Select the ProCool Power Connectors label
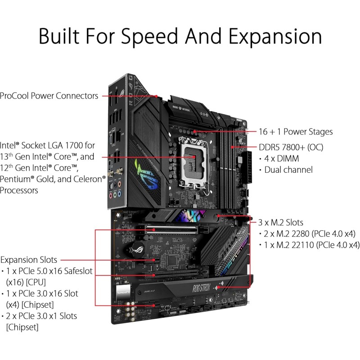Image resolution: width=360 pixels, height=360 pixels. click(x=49, y=95)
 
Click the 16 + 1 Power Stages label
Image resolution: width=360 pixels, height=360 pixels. click(x=295, y=132)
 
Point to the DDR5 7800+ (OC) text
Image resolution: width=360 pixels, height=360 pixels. click(x=291, y=147)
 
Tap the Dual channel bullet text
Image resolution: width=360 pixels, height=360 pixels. click(x=288, y=170)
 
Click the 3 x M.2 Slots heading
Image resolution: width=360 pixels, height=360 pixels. click(x=281, y=222)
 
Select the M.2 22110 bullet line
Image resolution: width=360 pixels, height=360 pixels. click(x=310, y=245)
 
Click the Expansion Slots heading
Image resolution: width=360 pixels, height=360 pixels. click(x=29, y=260)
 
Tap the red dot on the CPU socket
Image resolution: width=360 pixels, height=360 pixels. click(x=192, y=157)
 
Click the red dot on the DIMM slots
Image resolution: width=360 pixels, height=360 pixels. click(x=232, y=147)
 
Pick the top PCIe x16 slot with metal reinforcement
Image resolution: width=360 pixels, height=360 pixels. click(x=177, y=229)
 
